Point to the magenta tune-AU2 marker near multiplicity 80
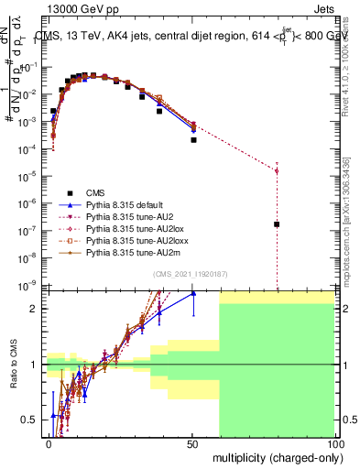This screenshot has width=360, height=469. (x=277, y=170)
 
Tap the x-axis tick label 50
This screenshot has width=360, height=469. (x=191, y=443)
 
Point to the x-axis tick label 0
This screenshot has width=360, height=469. (x=49, y=443)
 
